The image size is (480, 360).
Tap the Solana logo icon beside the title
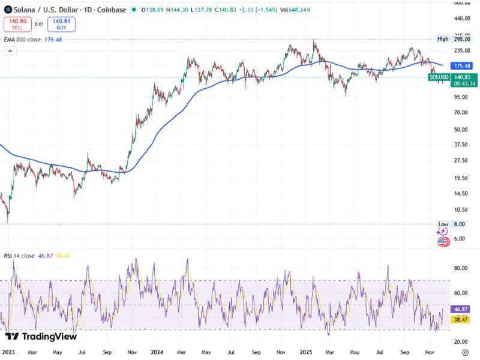8,10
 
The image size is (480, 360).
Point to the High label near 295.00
443,38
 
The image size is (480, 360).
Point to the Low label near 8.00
443,224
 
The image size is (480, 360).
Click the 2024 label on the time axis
158,353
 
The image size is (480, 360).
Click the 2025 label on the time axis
307,353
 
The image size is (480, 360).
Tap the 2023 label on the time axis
9,353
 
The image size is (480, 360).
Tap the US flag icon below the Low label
443,242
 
